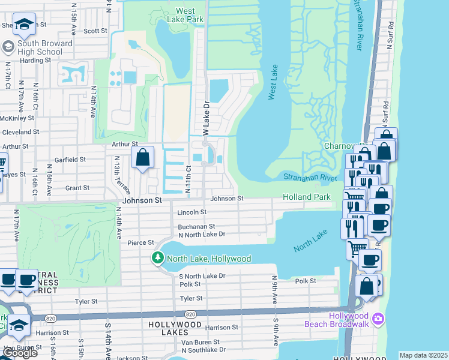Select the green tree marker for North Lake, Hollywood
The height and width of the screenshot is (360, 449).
pyautogui.click(x=157, y=258)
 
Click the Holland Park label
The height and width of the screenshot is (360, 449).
pyautogui.click(x=307, y=197)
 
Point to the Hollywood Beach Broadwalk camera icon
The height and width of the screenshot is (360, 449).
pyautogui.click(x=378, y=317)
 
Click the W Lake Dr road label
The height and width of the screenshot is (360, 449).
pyautogui.click(x=205, y=118)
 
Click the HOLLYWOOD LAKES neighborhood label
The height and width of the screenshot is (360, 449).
pyautogui.click(x=175, y=324)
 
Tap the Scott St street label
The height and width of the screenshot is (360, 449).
pyautogui.click(x=95, y=31)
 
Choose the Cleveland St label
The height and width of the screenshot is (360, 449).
pyautogui.click(x=20, y=131)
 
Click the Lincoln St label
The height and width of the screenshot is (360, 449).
pyautogui.click(x=192, y=212)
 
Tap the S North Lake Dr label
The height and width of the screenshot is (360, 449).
pyautogui.click(x=202, y=276)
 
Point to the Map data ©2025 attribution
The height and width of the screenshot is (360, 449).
pyautogui.click(x=424, y=355)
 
